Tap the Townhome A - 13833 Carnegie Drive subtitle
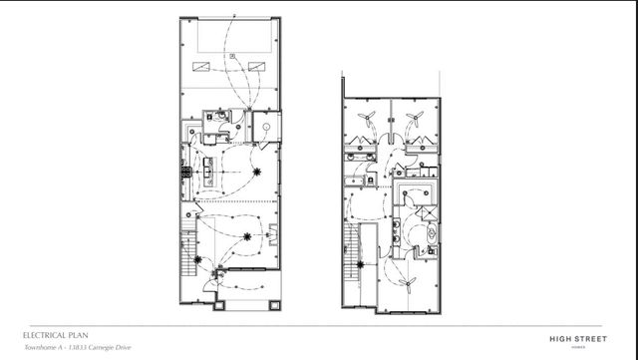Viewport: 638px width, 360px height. pos(75,348)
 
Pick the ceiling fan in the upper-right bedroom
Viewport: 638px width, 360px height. pos(413,119)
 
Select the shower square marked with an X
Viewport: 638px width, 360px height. pos(427,213)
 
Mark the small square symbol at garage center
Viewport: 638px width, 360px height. pos(230,58)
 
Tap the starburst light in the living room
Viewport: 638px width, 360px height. pos(245,236)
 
